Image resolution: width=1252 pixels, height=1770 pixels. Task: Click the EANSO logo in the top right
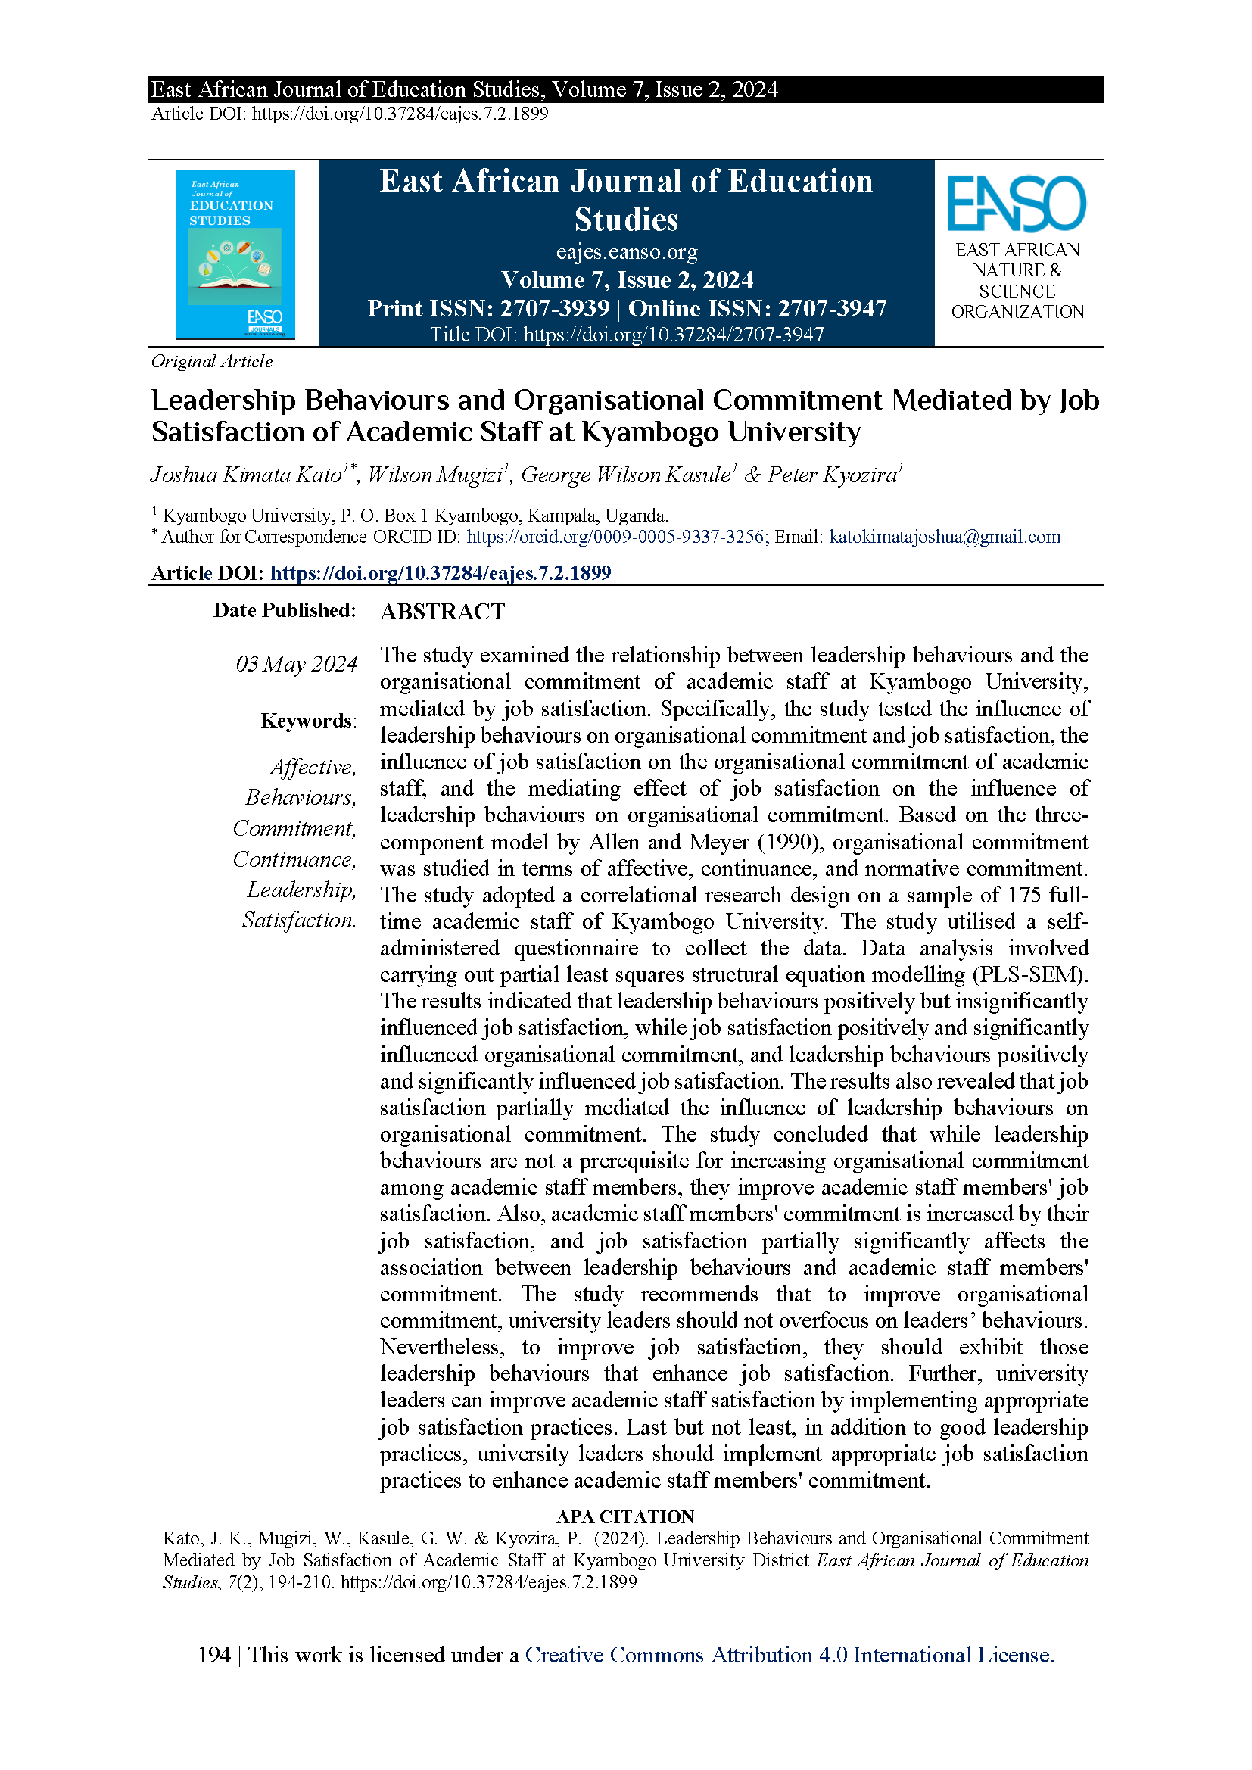click(x=1016, y=204)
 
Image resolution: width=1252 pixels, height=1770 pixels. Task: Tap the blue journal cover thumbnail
click(x=235, y=254)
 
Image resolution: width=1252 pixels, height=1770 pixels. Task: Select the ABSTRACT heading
click(x=442, y=612)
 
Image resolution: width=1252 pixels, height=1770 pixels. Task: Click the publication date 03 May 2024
click(x=296, y=664)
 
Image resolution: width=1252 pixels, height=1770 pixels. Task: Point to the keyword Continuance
click(x=294, y=859)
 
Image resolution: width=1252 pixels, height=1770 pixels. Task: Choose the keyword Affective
click(x=312, y=767)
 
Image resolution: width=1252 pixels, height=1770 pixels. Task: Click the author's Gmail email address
click(x=945, y=537)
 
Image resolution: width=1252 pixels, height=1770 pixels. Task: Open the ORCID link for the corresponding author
click(x=616, y=537)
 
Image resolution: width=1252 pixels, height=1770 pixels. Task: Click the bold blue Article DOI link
click(x=441, y=573)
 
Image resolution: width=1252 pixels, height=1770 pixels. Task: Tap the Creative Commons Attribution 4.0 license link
click(x=789, y=1655)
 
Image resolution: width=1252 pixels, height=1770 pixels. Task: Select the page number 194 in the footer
click(x=213, y=1655)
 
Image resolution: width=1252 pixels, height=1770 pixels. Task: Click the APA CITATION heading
click(x=625, y=1516)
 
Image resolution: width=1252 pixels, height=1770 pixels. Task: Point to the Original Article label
click(x=212, y=361)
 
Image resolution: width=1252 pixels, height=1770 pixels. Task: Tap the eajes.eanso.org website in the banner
click(x=626, y=252)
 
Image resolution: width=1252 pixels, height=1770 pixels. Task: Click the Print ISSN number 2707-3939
click(x=554, y=308)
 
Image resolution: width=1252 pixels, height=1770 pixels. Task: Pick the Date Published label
click(x=285, y=609)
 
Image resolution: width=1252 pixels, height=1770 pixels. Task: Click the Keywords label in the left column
click(x=307, y=720)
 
